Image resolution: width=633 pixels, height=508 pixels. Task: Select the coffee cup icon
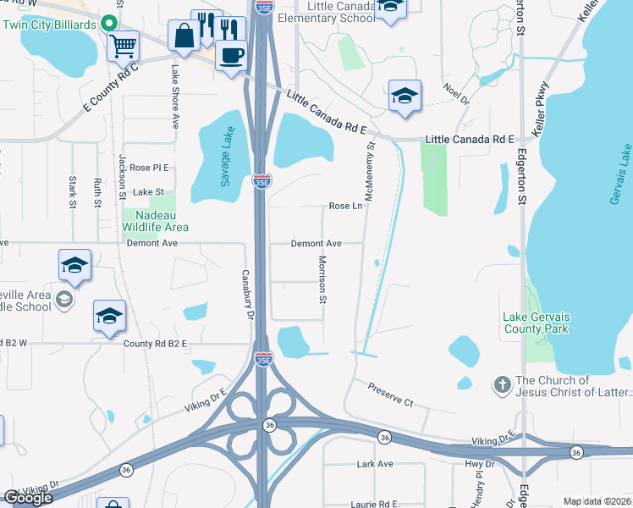(x=231, y=55)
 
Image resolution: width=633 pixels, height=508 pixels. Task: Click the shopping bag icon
(x=184, y=37)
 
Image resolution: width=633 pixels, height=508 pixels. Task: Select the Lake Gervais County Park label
(x=537, y=323)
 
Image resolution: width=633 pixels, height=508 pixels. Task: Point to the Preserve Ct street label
(x=390, y=395)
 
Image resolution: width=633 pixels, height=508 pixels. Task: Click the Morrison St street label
(x=322, y=279)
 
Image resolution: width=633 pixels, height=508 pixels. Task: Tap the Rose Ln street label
(x=345, y=206)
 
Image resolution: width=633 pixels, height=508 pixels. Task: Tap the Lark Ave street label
(x=375, y=464)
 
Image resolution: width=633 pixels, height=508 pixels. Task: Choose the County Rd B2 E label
(x=154, y=344)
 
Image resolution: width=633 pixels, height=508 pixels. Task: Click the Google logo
(x=29, y=498)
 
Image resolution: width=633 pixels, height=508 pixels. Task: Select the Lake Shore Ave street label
(x=176, y=97)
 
